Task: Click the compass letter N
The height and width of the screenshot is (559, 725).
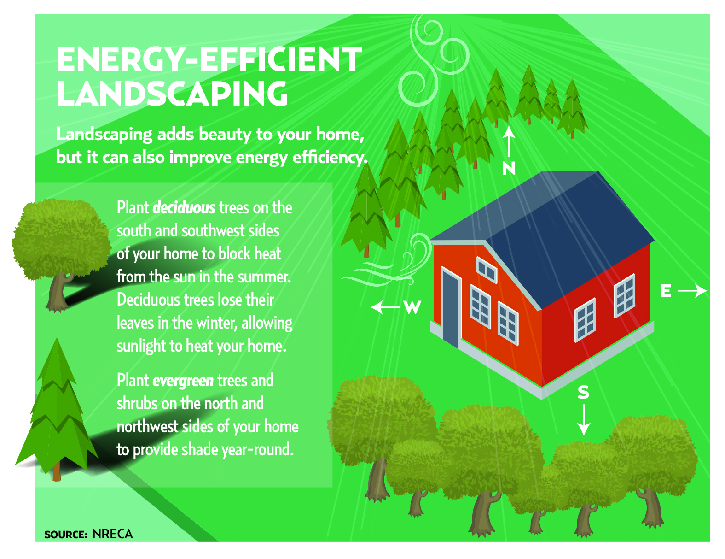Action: [509, 168]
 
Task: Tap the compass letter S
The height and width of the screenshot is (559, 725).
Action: [583, 392]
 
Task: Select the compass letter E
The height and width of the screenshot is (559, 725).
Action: [666, 291]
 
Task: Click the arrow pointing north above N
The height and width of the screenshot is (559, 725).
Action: [509, 141]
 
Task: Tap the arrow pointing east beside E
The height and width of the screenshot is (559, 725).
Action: [692, 291]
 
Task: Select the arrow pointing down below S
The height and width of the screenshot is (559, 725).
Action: [584, 420]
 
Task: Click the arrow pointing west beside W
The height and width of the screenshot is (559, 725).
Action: [385, 307]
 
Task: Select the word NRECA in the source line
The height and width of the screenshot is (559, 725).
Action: [112, 534]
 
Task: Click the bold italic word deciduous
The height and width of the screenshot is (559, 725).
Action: [184, 208]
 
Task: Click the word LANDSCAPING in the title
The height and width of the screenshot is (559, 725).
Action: [172, 94]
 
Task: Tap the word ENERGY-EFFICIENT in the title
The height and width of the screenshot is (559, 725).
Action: [209, 59]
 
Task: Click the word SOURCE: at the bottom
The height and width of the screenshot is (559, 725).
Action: [66, 535]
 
